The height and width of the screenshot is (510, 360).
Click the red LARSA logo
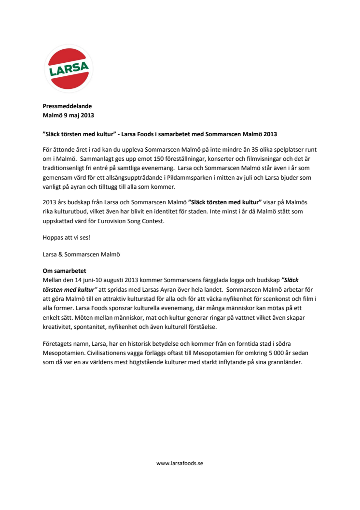pos(69,68)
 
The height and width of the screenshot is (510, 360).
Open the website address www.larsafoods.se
pos(180,463)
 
